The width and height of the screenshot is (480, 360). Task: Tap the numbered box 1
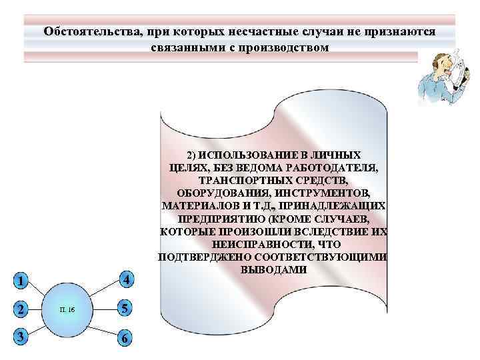pos(21,281)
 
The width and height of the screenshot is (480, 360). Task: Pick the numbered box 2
pos(21,309)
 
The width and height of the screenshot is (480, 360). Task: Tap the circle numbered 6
pos(125,338)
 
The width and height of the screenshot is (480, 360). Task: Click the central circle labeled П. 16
pos(67,310)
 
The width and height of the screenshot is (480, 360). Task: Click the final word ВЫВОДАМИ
pos(273,270)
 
